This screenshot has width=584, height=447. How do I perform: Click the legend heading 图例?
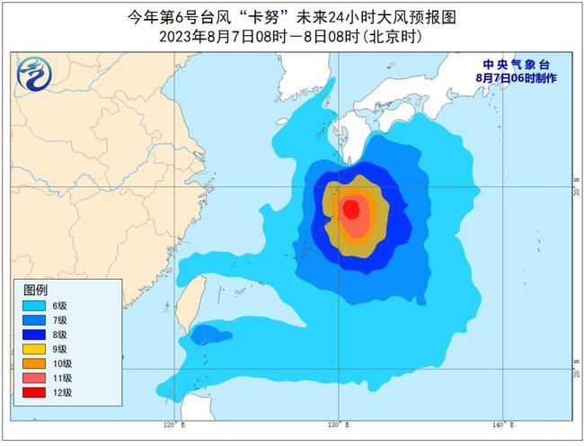point(35,290)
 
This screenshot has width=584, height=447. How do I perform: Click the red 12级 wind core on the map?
point(351,210)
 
